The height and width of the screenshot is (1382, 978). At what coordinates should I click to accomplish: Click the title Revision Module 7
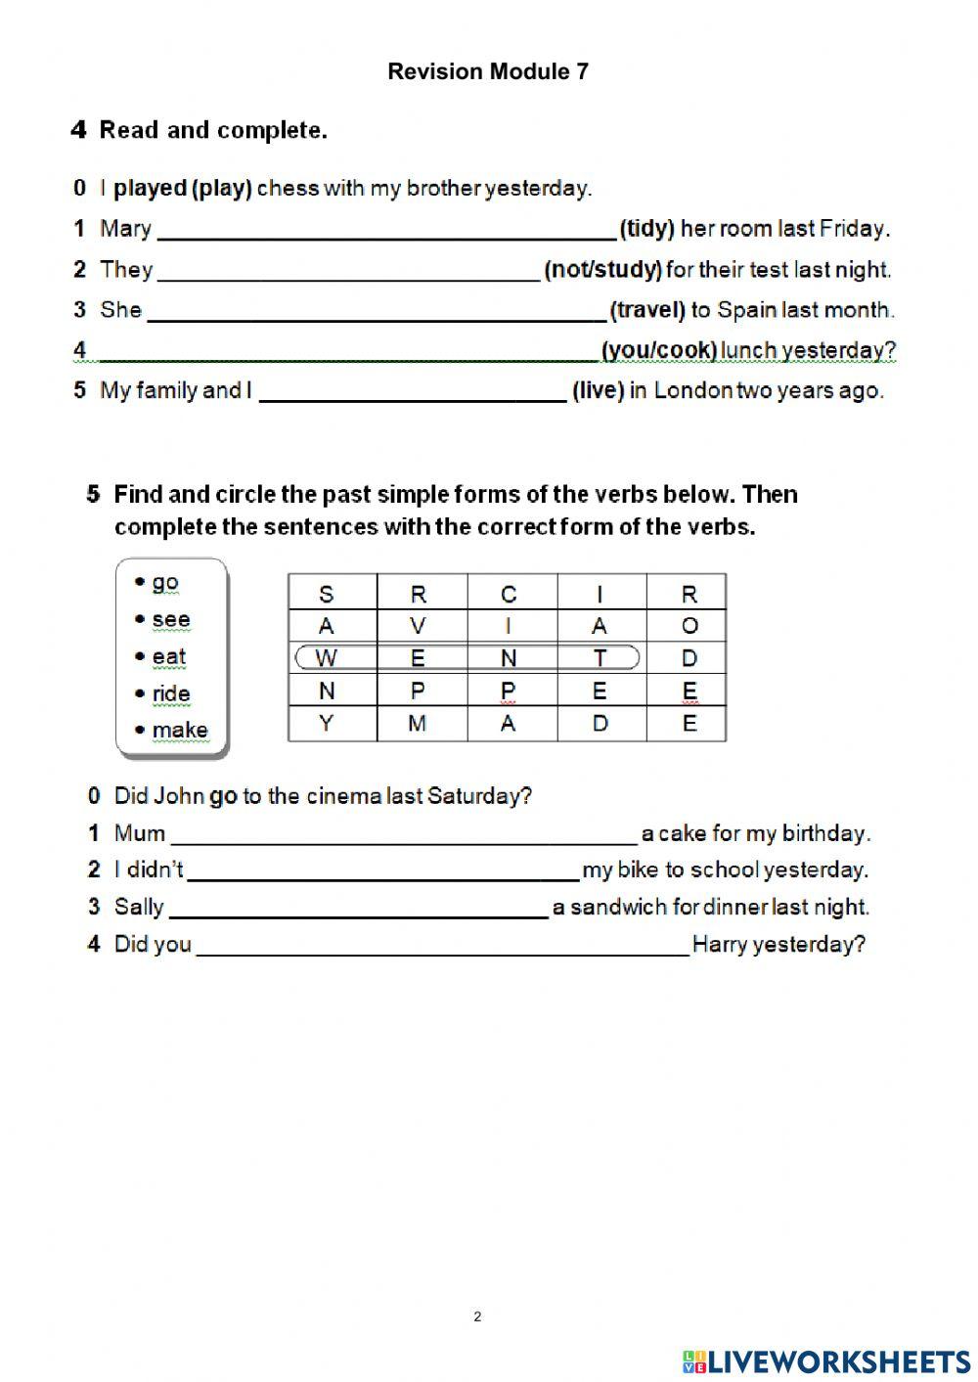[x=488, y=71]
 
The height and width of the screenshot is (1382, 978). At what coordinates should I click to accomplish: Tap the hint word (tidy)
[x=647, y=229]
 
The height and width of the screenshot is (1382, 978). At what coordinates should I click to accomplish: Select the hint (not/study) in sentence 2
[x=602, y=270]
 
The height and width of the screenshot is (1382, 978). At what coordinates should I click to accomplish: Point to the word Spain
[x=745, y=310]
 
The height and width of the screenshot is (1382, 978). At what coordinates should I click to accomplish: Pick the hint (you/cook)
[x=659, y=350]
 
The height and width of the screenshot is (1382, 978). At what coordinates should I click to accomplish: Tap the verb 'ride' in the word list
[x=170, y=693]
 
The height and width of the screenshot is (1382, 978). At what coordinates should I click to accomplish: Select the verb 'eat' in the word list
[x=168, y=656]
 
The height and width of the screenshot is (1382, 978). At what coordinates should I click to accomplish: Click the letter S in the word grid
[x=327, y=595]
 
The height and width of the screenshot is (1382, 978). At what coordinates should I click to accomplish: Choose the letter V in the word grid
[x=418, y=626]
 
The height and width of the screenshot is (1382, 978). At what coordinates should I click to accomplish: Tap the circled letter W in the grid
[x=327, y=658]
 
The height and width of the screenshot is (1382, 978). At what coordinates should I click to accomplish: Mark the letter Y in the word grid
[x=327, y=724]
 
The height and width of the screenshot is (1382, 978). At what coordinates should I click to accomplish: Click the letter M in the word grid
[x=418, y=724]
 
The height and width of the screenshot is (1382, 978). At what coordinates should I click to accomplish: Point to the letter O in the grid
[x=689, y=626]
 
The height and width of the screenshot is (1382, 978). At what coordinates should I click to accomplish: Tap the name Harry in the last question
[x=720, y=945]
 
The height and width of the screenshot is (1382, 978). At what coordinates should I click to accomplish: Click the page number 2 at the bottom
[x=477, y=1316]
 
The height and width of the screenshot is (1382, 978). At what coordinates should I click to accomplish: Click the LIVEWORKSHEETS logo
[x=826, y=1361]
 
